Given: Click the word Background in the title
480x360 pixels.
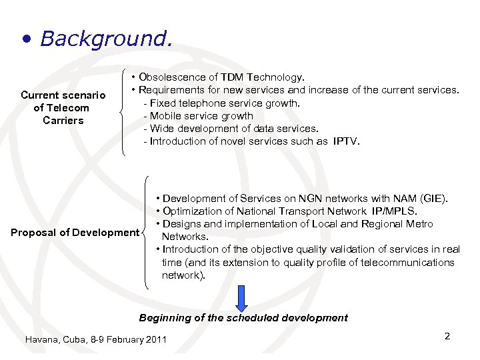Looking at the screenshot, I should pyautogui.click(x=105, y=38).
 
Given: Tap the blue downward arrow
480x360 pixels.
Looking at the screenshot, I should pyautogui.click(x=242, y=297).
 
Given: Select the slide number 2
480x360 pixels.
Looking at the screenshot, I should pyautogui.click(x=447, y=336).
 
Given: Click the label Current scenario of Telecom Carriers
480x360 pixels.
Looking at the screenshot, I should pyautogui.click(x=63, y=107).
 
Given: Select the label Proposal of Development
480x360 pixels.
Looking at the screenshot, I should pyautogui.click(x=74, y=232).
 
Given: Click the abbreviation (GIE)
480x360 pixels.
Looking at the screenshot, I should pyautogui.click(x=434, y=199).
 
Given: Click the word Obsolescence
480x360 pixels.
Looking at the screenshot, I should pyautogui.click(x=171, y=77).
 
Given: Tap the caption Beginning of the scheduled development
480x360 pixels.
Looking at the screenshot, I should pyautogui.click(x=243, y=318).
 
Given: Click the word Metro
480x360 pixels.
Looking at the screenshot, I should pyautogui.click(x=418, y=224).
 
